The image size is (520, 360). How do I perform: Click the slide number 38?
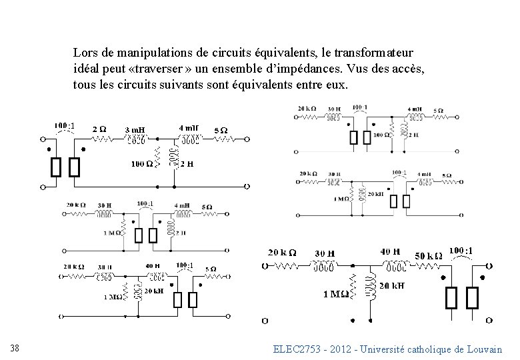pos(15,347)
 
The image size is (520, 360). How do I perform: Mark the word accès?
pos(407,69)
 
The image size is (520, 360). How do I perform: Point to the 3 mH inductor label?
pos(135,129)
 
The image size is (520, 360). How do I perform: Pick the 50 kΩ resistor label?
pos(429,256)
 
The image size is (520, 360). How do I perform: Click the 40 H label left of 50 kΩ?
pos(390,252)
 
